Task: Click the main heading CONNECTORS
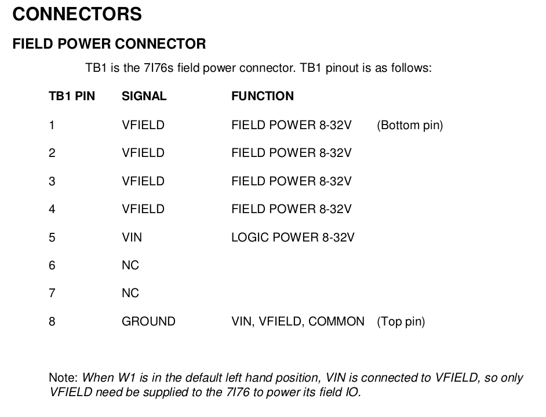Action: [77, 14]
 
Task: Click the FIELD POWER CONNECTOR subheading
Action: [109, 44]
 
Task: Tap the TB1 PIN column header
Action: [72, 96]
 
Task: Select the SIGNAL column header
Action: [144, 96]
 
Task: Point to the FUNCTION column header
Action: [263, 96]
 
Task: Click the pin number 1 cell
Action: [52, 125]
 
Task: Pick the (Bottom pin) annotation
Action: [410, 125]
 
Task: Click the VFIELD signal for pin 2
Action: [143, 153]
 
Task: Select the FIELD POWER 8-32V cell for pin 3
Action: [292, 181]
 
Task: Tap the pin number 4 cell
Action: [52, 209]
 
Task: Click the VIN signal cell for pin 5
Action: [132, 237]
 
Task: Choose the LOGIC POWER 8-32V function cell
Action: [293, 237]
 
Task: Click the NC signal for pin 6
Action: [130, 265]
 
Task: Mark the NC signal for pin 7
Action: [130, 293]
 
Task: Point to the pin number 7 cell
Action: [52, 293]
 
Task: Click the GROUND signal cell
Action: [148, 321]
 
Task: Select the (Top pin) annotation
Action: [401, 321]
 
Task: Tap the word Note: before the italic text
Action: [63, 378]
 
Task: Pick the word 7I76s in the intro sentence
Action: [158, 68]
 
